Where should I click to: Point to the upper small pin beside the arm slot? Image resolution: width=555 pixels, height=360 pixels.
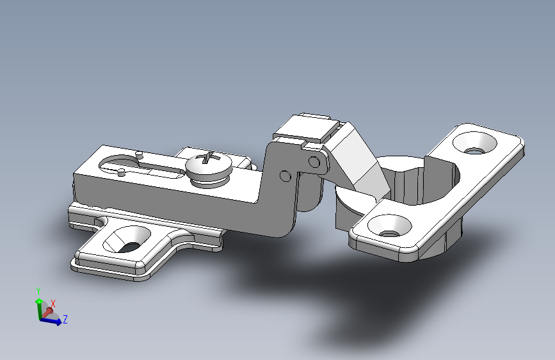139,153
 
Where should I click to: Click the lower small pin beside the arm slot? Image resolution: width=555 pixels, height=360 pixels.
121,172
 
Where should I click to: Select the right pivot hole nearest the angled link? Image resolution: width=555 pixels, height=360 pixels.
314,160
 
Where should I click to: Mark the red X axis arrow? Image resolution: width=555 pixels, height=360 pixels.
47,311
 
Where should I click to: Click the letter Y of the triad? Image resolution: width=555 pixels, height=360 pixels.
38,291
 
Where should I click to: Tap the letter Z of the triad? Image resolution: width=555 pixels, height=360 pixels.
65,319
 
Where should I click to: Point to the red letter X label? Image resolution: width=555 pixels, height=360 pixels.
53,303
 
